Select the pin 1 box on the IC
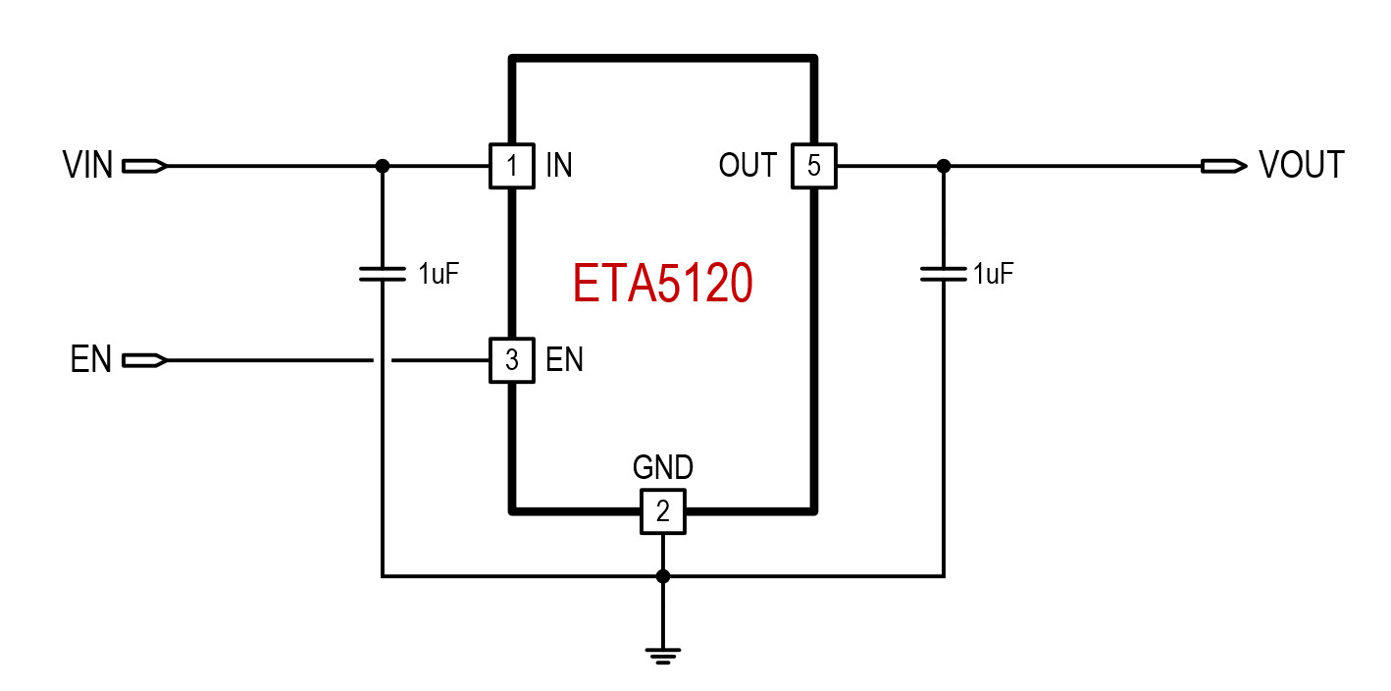point(511,166)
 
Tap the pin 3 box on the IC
point(511,360)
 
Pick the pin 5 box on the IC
point(814,166)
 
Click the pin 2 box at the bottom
point(663,511)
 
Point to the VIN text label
point(88,166)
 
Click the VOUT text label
point(1302,166)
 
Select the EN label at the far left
point(91,360)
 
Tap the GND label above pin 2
point(663,468)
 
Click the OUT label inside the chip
point(747,166)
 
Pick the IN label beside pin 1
point(559,166)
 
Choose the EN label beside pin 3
point(564,360)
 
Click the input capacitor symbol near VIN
point(383,273)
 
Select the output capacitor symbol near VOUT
point(944,273)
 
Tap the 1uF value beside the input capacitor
point(438,274)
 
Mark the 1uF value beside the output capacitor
point(993,274)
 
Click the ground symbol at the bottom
point(663,654)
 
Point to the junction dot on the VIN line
point(383,166)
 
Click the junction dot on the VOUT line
point(944,166)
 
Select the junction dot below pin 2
point(663,576)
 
